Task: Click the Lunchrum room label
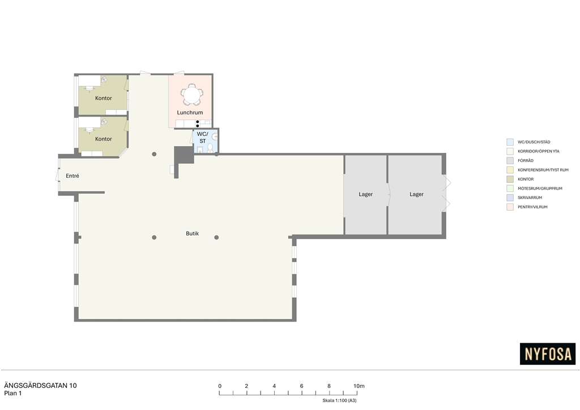point(190,112)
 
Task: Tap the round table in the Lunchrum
point(191,95)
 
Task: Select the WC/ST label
point(202,138)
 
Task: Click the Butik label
point(193,233)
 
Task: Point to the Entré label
point(72,176)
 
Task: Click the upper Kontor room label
point(104,98)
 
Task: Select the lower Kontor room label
point(104,139)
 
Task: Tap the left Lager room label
point(366,194)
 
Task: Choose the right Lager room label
point(416,194)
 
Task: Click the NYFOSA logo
point(548,354)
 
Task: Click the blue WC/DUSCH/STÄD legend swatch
point(510,142)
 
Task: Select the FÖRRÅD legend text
point(526,160)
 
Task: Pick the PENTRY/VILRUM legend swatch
point(510,207)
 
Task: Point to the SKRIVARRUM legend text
point(530,198)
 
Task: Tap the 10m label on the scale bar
point(359,386)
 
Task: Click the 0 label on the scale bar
point(220,386)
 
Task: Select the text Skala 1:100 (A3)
point(340,400)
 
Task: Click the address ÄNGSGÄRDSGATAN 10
point(40,386)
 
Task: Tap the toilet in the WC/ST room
point(210,148)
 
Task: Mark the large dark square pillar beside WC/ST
point(184,155)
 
